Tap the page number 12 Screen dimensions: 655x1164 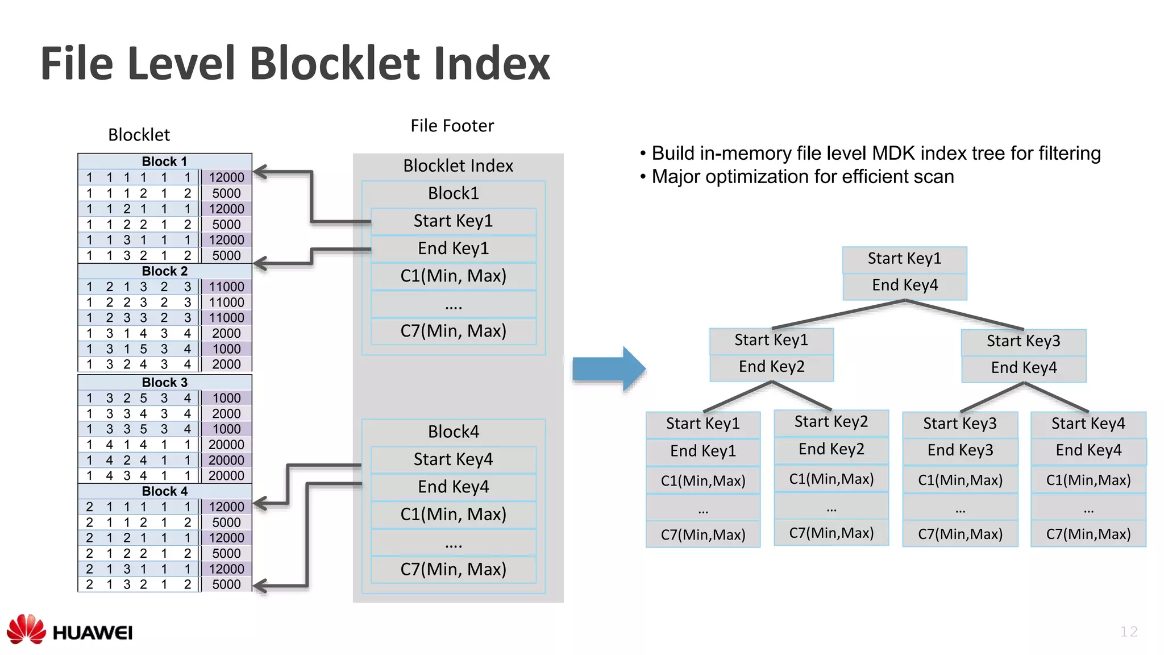1128,631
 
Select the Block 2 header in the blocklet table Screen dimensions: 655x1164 164,271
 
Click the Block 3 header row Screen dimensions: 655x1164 164,382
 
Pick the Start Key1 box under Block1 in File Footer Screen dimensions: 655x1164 453,221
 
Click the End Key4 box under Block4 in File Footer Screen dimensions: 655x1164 453,487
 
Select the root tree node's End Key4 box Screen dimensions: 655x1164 904,285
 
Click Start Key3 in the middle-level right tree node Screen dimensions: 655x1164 1023,341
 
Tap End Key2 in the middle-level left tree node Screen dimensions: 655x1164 771,367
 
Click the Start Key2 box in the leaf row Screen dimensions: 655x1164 831,422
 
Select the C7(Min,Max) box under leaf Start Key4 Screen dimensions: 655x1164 1088,534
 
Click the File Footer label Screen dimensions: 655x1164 452,126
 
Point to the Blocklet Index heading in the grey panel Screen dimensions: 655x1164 458,166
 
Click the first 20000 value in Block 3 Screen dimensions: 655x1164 226,445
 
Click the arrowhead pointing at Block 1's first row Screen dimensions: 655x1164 260,171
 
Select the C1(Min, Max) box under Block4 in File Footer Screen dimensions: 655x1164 453,514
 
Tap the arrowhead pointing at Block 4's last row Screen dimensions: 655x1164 260,586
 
